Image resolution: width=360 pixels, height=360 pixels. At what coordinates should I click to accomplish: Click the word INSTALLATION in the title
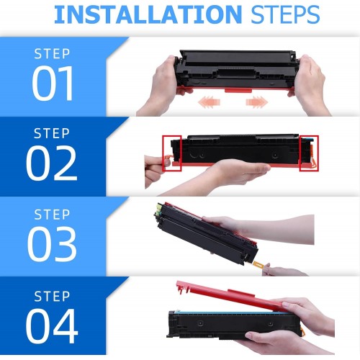148,14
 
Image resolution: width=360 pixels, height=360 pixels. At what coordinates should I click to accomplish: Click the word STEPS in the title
285,14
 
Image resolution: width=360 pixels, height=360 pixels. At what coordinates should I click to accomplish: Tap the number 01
53,83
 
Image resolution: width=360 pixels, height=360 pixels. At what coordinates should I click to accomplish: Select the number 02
52,163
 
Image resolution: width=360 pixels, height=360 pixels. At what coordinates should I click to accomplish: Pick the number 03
52,244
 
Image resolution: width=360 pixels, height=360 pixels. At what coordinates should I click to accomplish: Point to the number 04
52,326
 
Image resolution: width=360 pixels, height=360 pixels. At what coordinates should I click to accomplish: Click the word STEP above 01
52,53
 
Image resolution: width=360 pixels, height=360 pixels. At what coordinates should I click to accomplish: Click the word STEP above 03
52,215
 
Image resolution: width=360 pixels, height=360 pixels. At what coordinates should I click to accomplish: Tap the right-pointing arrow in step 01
257,102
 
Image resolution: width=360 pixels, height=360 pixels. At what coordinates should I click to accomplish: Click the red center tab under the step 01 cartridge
238,90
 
